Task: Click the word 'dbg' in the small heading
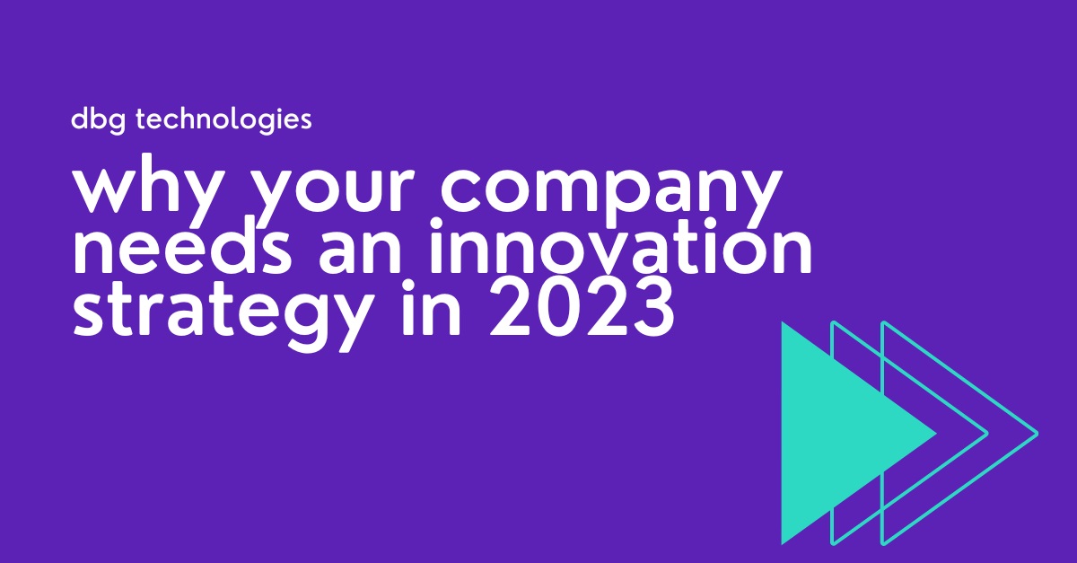tap(99, 119)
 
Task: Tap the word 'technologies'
tap(224, 119)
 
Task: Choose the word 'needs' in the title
tap(181, 247)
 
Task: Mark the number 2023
tap(582, 308)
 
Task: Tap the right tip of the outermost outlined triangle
tap(1038, 434)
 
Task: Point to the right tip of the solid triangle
tap(936, 434)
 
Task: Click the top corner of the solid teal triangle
tap(783, 321)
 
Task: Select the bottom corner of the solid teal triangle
tap(783, 544)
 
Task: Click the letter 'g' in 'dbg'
tap(118, 123)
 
